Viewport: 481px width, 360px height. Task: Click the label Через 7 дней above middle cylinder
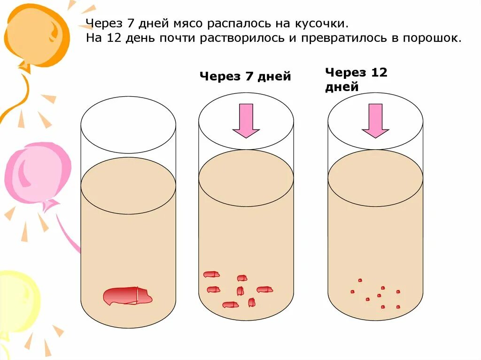pyautogui.click(x=245, y=77)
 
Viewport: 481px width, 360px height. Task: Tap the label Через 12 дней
pyautogui.click(x=356, y=79)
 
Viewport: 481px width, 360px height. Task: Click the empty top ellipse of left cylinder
pyautogui.click(x=128, y=125)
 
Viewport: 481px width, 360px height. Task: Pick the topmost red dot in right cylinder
pyautogui.click(x=360, y=280)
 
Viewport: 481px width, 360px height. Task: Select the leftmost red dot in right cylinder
pyautogui.click(x=352, y=291)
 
